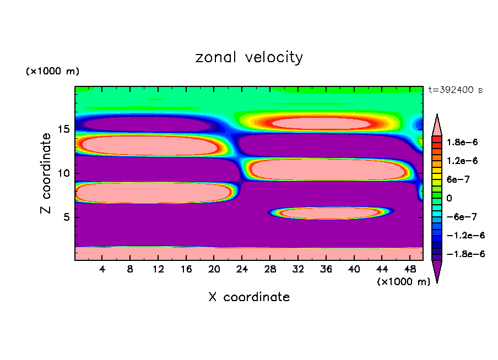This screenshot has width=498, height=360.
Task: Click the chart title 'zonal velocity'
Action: (249, 58)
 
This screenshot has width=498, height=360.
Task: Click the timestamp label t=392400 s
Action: (455, 90)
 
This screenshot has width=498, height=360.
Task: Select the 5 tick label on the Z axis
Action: (66, 217)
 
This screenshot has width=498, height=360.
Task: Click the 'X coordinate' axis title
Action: (249, 297)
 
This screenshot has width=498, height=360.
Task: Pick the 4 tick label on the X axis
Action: (102, 269)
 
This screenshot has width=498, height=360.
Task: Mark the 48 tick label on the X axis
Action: (409, 269)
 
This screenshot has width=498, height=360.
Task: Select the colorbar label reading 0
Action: (449, 198)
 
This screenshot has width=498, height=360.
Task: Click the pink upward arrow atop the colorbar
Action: (437, 123)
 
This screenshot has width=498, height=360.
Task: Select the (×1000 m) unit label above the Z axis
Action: (52, 72)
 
